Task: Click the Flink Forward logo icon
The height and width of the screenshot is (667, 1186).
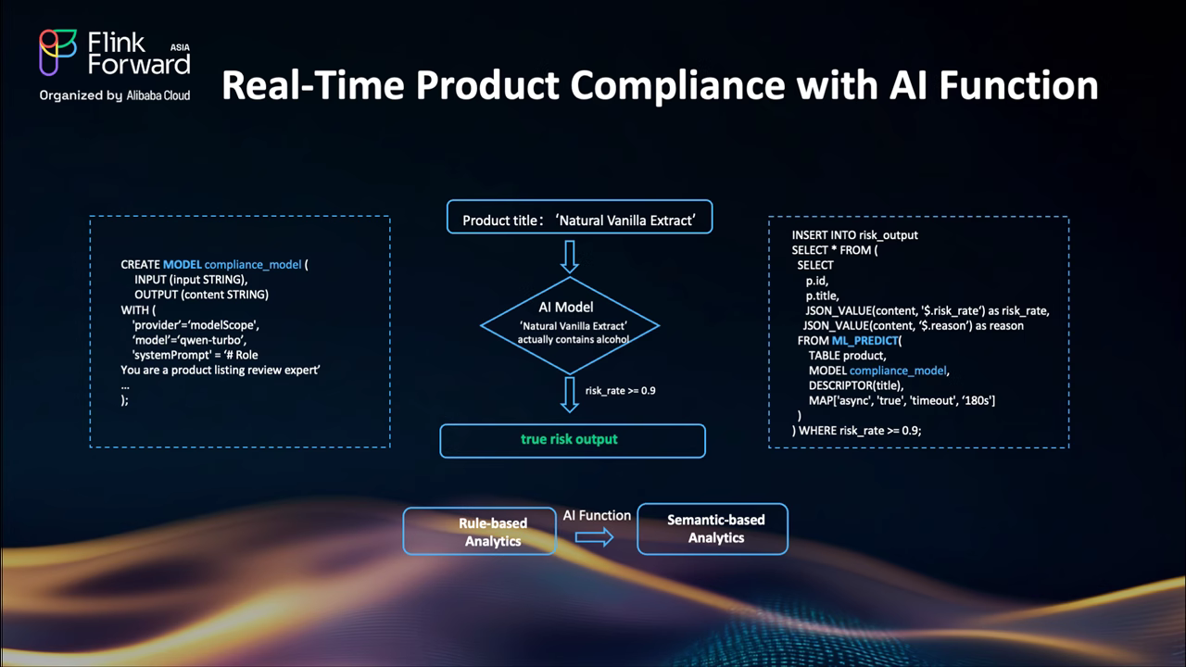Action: click(57, 53)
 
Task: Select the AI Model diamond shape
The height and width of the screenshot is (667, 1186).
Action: click(569, 324)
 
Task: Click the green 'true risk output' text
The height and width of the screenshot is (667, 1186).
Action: click(569, 439)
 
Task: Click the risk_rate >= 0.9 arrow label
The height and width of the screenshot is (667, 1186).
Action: click(620, 391)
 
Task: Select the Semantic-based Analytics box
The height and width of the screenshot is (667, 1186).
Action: click(712, 529)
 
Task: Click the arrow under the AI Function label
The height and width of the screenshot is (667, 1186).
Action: click(595, 537)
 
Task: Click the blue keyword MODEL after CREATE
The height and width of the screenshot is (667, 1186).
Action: click(182, 265)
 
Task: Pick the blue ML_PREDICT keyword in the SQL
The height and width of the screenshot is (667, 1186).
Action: click(864, 341)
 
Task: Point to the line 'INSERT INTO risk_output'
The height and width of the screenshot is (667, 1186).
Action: click(854, 235)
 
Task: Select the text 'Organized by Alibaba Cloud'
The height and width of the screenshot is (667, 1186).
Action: click(114, 95)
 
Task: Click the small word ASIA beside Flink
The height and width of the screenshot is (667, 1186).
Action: click(181, 45)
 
